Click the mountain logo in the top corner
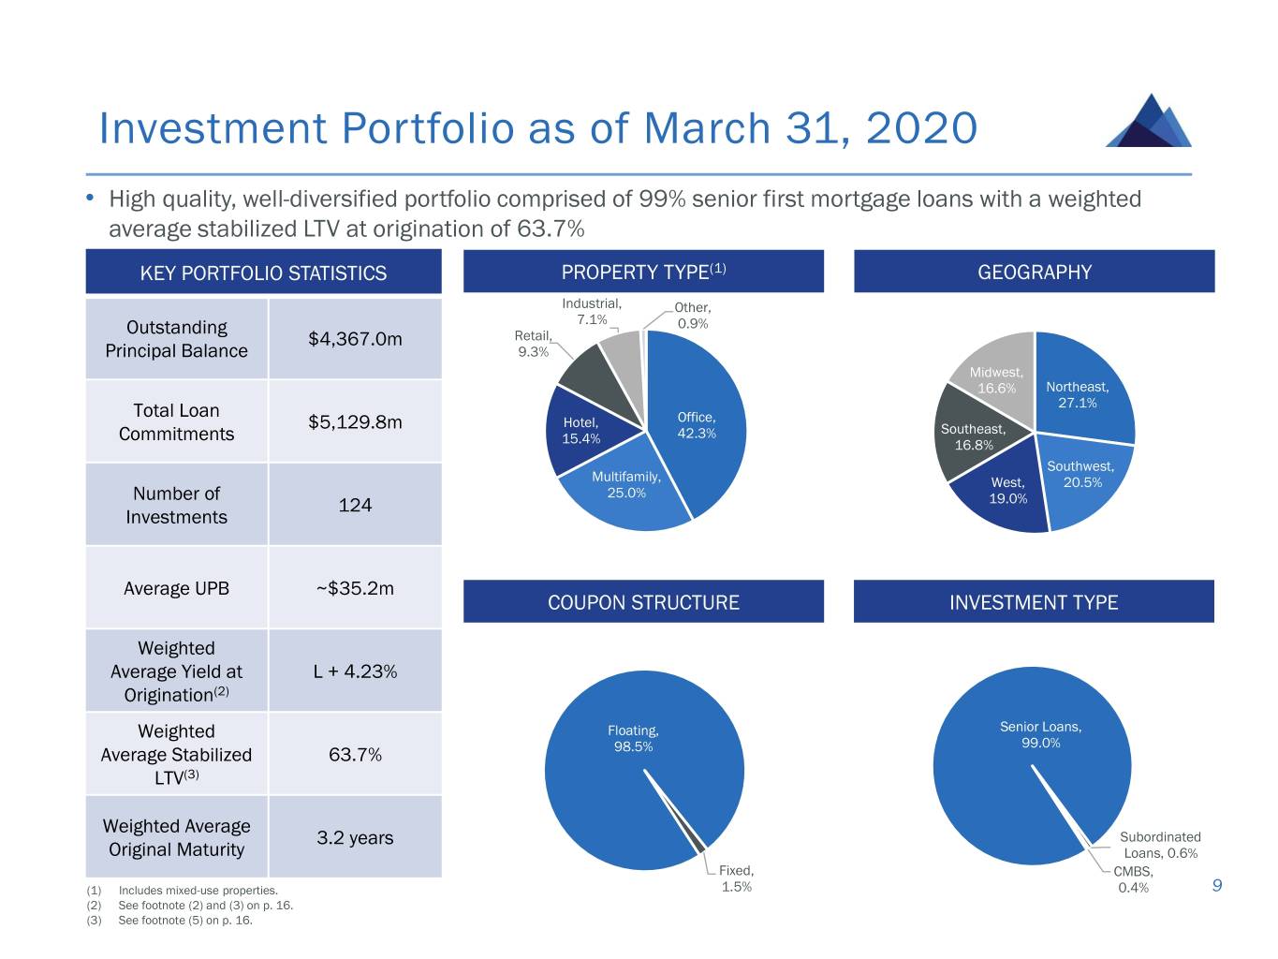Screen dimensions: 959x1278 pos(1149,121)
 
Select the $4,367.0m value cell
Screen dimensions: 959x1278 pos(355,339)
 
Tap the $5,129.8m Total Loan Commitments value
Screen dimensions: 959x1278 pos(355,422)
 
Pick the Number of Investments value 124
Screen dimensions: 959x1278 pos(355,506)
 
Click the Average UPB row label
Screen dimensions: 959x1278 pos(176,588)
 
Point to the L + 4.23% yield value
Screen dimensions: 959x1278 pos(355,671)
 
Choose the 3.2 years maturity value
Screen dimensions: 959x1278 pos(355,838)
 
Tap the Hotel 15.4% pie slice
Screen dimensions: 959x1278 pos(580,431)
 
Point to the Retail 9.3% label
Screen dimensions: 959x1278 pos(533,344)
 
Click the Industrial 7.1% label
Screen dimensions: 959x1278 pos(592,311)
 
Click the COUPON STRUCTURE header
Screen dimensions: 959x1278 pos(643,602)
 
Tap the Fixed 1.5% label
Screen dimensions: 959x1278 pos(737,878)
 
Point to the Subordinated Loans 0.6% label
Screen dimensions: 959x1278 pos(1160,845)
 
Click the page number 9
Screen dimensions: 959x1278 pos(1217,885)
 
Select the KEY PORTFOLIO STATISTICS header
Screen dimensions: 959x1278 pos(263,273)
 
